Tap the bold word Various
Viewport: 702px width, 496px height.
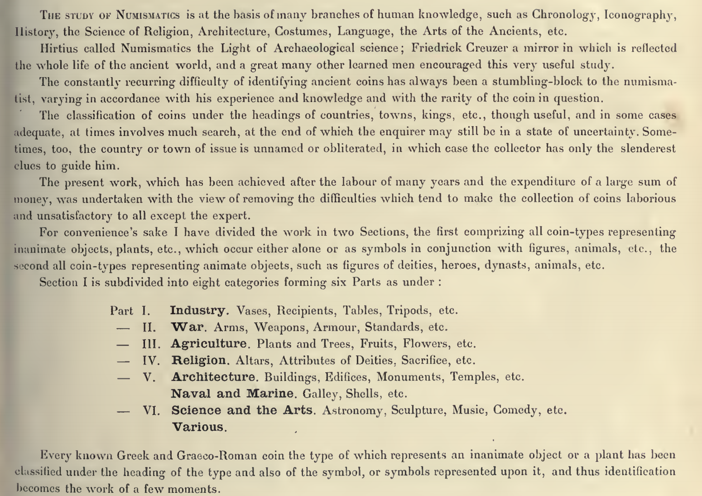199,427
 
